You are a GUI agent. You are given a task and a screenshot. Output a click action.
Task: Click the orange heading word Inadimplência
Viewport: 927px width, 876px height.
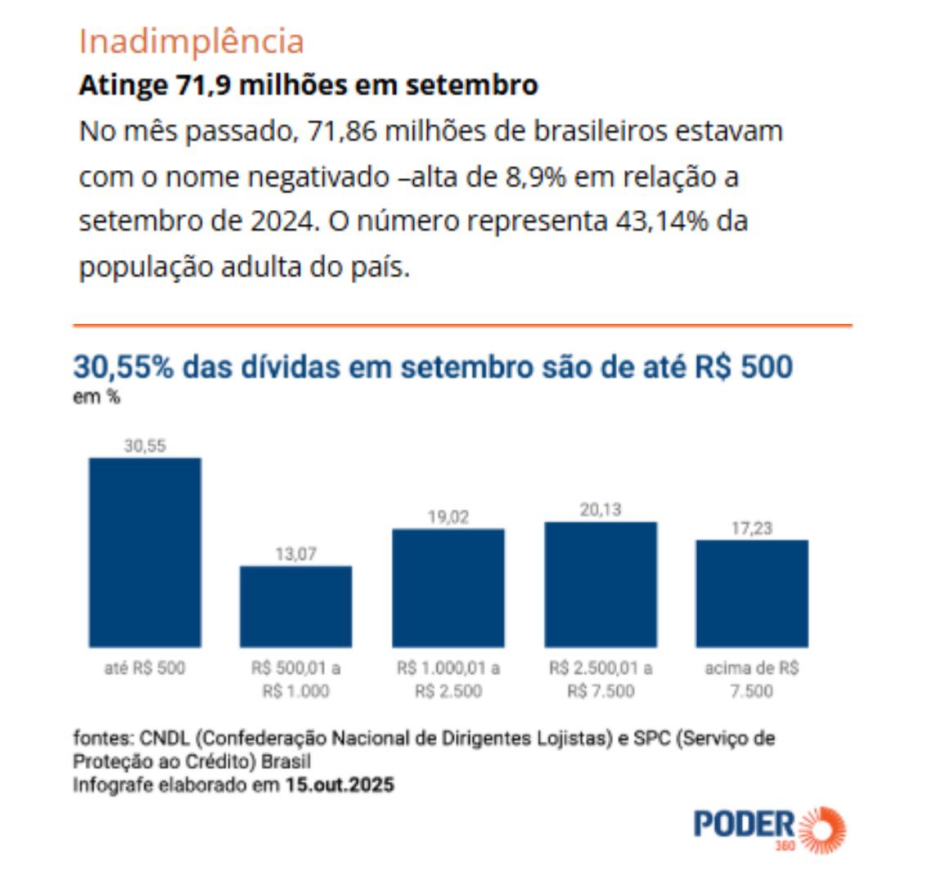[191, 41]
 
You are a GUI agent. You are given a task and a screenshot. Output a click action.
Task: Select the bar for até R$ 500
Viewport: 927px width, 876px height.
[145, 552]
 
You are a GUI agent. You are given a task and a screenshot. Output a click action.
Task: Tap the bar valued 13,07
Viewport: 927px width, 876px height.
[295, 606]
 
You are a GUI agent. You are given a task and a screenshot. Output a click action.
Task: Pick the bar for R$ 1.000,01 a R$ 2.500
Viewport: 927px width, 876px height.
[448, 587]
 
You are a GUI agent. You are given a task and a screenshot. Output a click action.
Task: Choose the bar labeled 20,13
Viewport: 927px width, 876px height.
[600, 584]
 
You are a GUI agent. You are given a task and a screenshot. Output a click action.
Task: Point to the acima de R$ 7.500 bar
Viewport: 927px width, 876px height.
[752, 593]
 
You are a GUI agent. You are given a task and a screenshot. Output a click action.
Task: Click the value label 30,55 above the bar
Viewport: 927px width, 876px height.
[145, 446]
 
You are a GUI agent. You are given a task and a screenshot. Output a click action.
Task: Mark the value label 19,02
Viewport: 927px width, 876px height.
[448, 517]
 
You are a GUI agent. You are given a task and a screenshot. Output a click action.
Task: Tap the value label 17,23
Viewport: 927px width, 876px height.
[752, 528]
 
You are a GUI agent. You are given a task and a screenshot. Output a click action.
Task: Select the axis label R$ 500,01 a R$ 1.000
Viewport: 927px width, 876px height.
[295, 680]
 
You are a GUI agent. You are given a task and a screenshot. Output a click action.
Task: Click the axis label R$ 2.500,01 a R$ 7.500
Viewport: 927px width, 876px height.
[601, 680]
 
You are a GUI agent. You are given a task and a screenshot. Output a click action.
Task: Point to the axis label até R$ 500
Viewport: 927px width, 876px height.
[145, 668]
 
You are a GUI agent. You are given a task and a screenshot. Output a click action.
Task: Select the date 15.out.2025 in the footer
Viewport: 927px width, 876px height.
[340, 785]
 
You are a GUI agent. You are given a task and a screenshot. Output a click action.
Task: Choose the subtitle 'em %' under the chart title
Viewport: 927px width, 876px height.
[97, 398]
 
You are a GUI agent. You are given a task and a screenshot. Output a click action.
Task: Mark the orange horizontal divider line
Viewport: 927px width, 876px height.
[462, 326]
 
